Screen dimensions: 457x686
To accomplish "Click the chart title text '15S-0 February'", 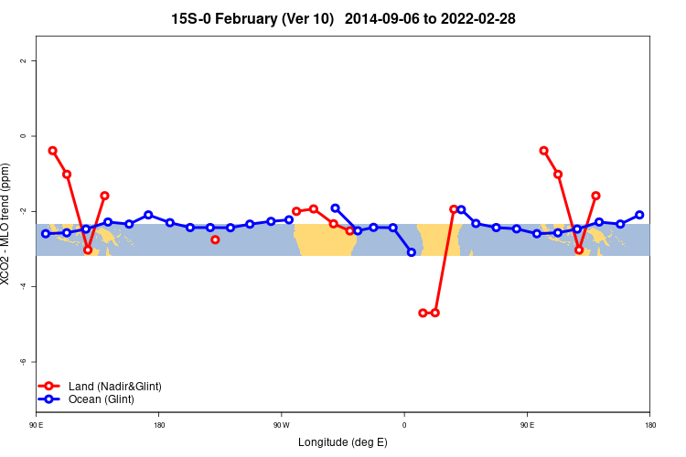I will click(228, 18).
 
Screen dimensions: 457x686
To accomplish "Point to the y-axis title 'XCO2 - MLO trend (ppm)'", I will click(7, 225).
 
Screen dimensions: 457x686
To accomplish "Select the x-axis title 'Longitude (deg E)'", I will click(343, 442).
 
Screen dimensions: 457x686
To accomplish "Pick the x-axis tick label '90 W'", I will click(281, 424).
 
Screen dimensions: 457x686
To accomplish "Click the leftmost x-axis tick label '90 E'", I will click(37, 424).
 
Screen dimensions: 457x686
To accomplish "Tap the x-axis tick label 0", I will click(403, 424).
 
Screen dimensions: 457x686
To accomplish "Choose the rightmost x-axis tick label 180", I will click(649, 424).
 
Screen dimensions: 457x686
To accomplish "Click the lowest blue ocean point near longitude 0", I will click(412, 252).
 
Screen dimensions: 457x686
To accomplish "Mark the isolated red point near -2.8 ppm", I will click(215, 239).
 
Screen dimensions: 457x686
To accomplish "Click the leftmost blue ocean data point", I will click(46, 234).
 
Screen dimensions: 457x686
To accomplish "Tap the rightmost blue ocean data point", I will click(639, 215).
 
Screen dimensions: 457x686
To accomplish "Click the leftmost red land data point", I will click(52, 151).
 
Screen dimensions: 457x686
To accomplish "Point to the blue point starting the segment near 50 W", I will click(335, 208).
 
